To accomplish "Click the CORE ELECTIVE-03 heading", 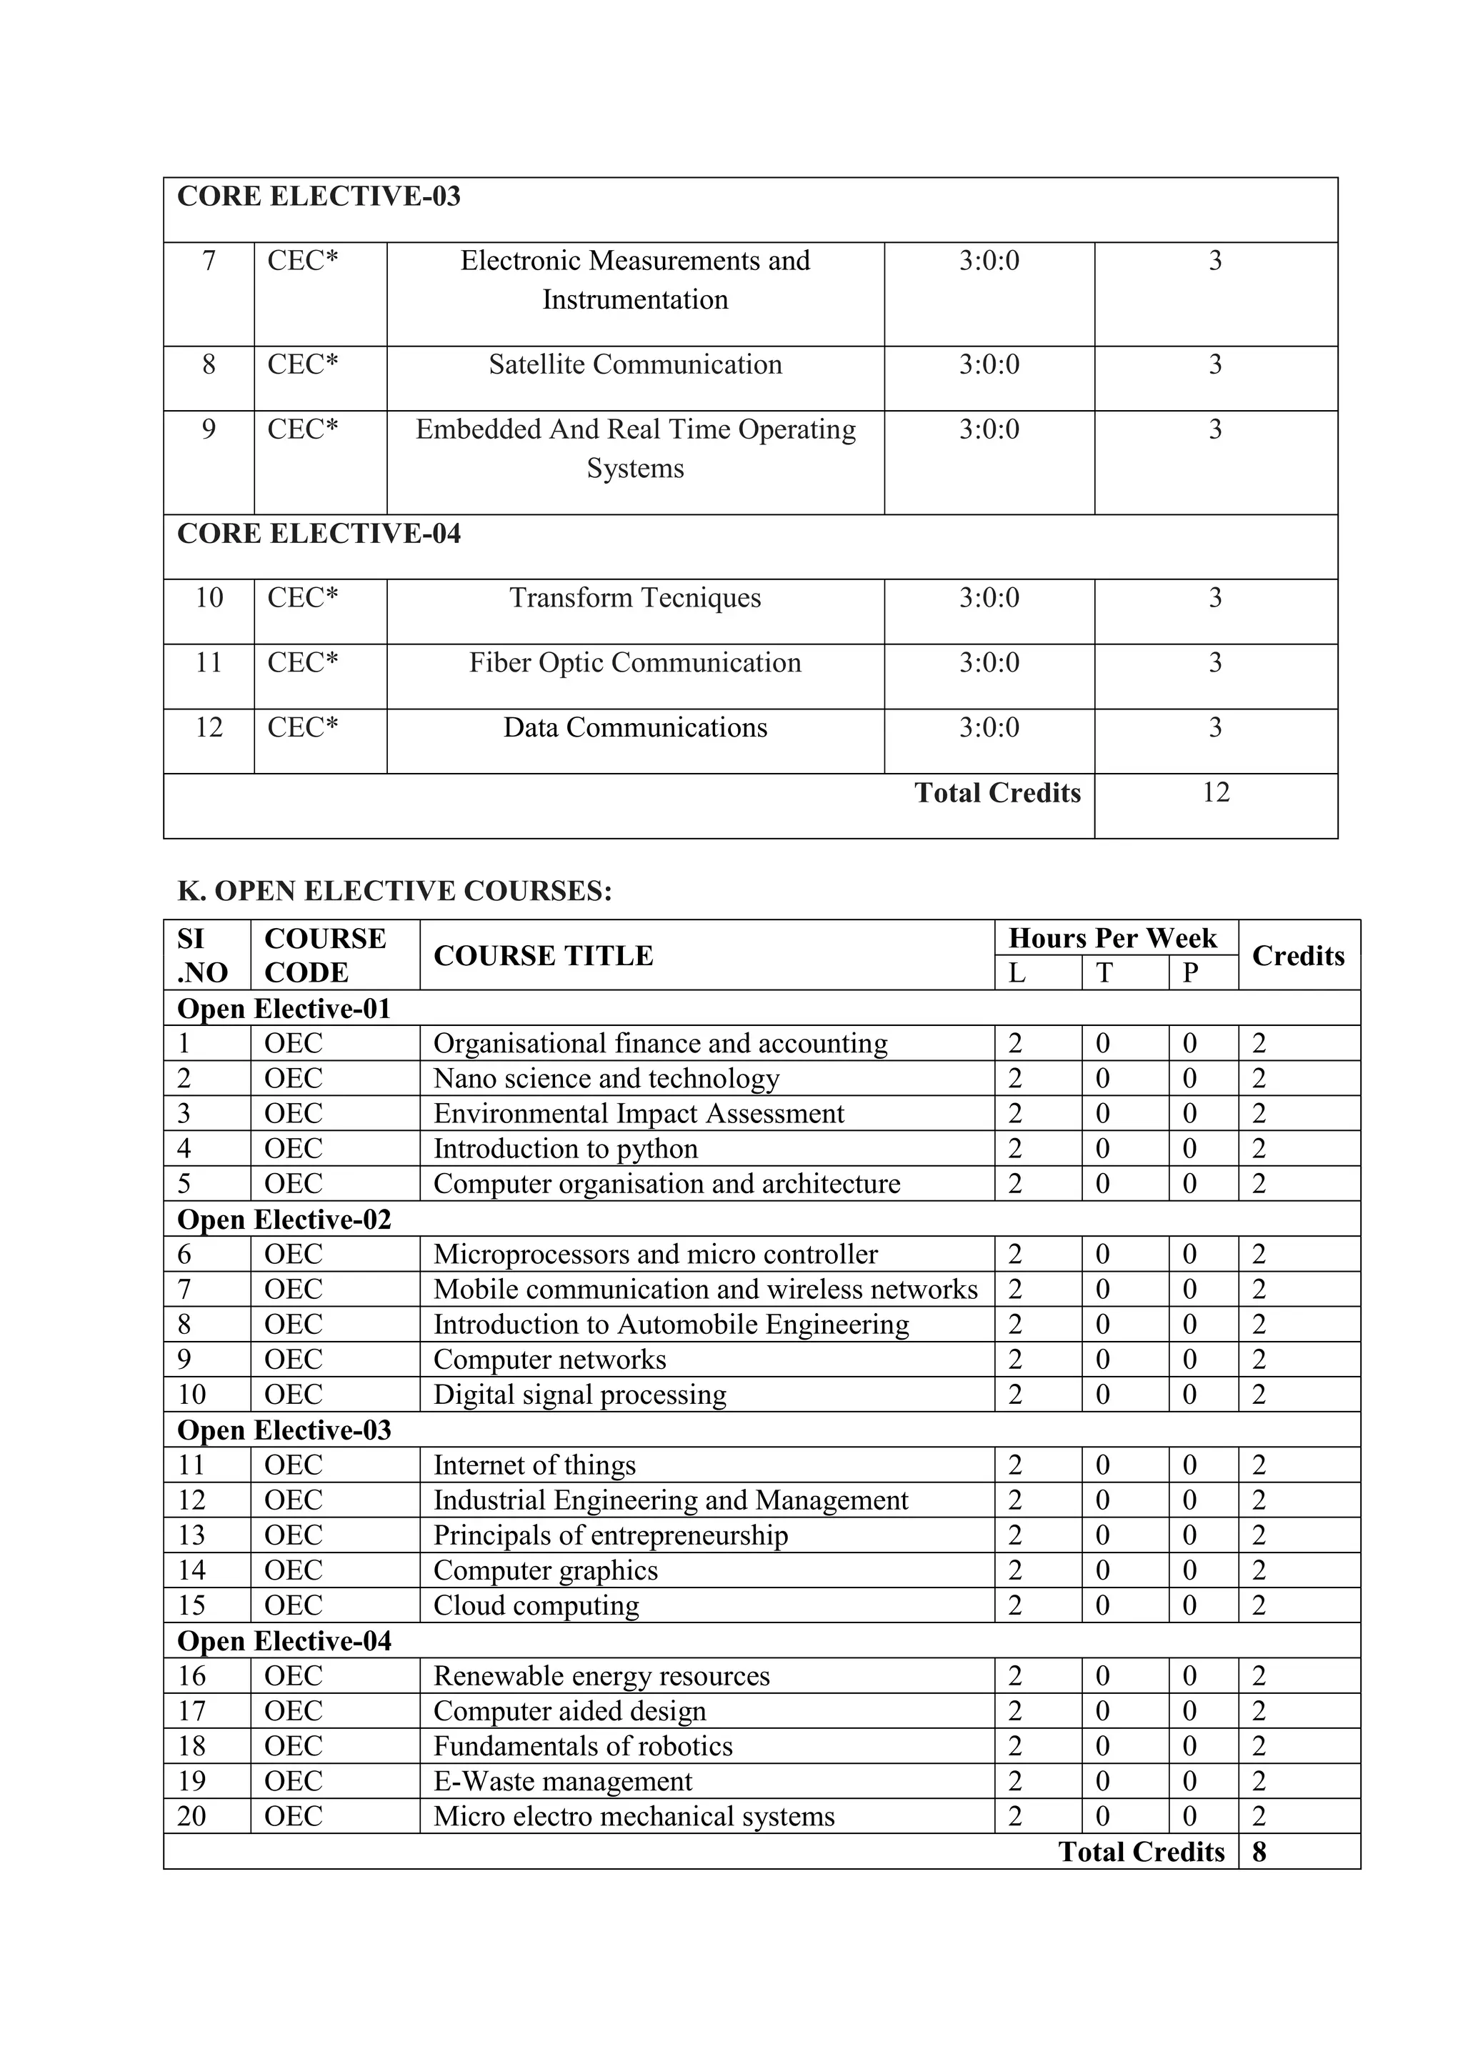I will [x=318, y=196].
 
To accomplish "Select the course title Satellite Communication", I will [x=635, y=364].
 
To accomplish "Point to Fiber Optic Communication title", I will [x=635, y=662].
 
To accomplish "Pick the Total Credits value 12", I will [x=1215, y=792].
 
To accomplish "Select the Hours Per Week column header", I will [x=1112, y=938].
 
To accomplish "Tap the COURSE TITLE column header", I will [x=543, y=955].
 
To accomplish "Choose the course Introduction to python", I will [x=566, y=1149].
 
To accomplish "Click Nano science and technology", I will [x=606, y=1079].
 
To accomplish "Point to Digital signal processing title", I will [x=579, y=1395].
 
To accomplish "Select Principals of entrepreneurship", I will [x=611, y=1535].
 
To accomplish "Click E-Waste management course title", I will [x=563, y=1782].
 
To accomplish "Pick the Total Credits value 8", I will [x=1259, y=1852].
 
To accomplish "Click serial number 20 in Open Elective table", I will [x=192, y=1816].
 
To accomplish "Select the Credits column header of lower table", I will [x=1297, y=955].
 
